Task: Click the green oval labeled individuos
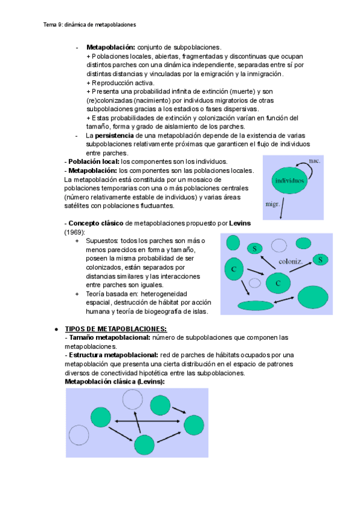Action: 290,181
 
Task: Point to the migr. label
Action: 273,203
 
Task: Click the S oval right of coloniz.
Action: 321,259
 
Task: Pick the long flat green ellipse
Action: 256,306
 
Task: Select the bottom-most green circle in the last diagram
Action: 144,445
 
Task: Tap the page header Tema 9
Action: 90,25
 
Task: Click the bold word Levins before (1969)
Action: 240,224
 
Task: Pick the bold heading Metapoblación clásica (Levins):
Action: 114,382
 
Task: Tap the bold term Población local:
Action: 92,162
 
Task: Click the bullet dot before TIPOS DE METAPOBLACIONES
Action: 56,330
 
